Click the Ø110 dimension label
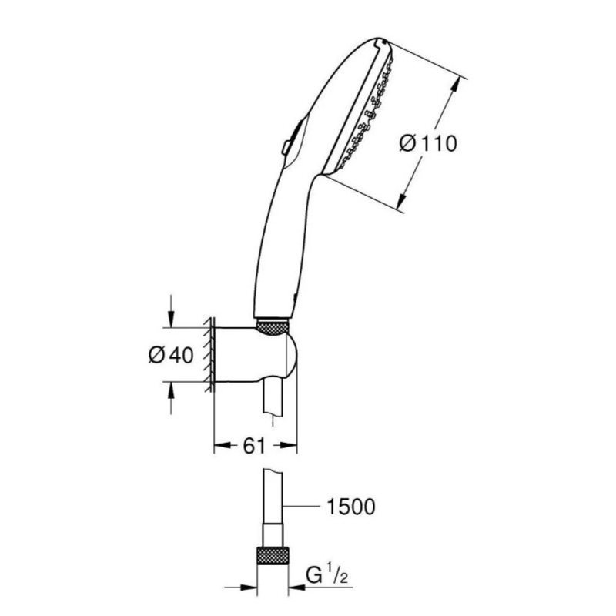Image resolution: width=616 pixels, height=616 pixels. (428, 143)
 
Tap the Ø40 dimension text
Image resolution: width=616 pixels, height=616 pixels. (171, 356)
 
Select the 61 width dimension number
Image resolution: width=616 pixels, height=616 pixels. (254, 446)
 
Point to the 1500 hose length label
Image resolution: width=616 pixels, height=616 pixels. (351, 507)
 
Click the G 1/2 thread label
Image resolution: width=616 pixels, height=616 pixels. (326, 576)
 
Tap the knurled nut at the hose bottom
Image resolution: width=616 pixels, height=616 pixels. (273, 555)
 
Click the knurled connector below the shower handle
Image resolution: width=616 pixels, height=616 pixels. (273, 327)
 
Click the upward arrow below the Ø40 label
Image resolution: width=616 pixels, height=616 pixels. (170, 398)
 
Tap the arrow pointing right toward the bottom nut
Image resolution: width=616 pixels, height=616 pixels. (241, 588)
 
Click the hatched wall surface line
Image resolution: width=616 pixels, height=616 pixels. (209, 354)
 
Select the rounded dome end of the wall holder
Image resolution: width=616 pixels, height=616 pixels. (293, 354)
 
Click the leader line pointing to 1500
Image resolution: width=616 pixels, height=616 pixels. (302, 507)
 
